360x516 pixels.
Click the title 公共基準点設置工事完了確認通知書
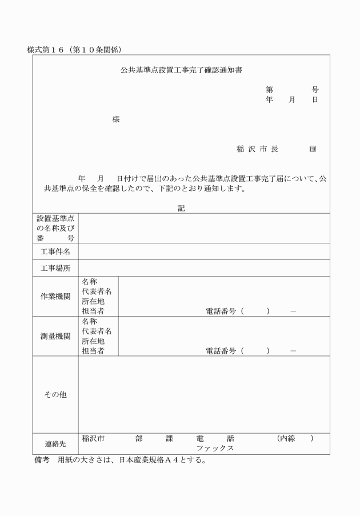pyautogui.click(x=181, y=70)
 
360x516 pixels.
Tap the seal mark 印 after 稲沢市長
pyautogui.click(x=313, y=149)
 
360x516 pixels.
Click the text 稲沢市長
pyautogui.click(x=257, y=149)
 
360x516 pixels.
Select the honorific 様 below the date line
pyautogui.click(x=116, y=120)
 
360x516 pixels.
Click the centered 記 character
pyautogui.click(x=181, y=209)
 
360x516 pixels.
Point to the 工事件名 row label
pyautogui.click(x=55, y=251)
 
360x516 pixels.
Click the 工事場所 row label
pyautogui.click(x=55, y=268)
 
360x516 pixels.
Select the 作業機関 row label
pyautogui.click(x=55, y=296)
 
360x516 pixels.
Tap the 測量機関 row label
pyautogui.click(x=55, y=336)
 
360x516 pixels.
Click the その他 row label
pyautogui.click(x=55, y=395)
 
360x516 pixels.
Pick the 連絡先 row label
pyautogui.click(x=55, y=443)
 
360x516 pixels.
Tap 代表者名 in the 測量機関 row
pyautogui.click(x=97, y=331)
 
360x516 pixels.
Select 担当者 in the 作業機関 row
pyautogui.click(x=93, y=311)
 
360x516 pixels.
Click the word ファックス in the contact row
pyautogui.click(x=215, y=449)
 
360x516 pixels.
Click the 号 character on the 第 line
pyautogui.click(x=315, y=90)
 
